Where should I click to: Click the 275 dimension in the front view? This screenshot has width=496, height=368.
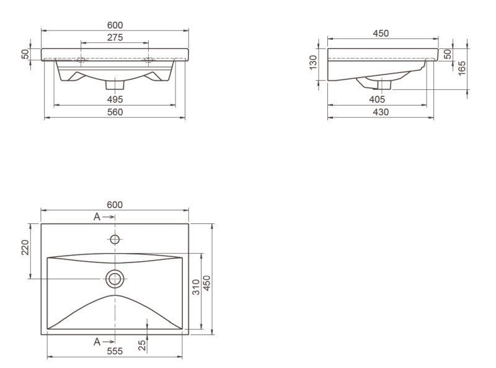point(115,37)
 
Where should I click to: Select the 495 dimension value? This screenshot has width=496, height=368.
point(115,99)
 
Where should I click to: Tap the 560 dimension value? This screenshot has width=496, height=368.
point(115,112)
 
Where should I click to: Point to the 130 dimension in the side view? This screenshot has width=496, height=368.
point(313,63)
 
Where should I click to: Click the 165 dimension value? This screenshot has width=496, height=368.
point(462,68)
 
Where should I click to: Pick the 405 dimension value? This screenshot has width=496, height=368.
point(377,99)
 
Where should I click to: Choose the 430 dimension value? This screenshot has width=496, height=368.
point(381,112)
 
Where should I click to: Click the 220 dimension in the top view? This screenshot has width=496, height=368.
point(25,248)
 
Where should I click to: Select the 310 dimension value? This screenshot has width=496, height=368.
point(196,287)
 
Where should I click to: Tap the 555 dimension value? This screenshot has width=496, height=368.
point(115,351)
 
